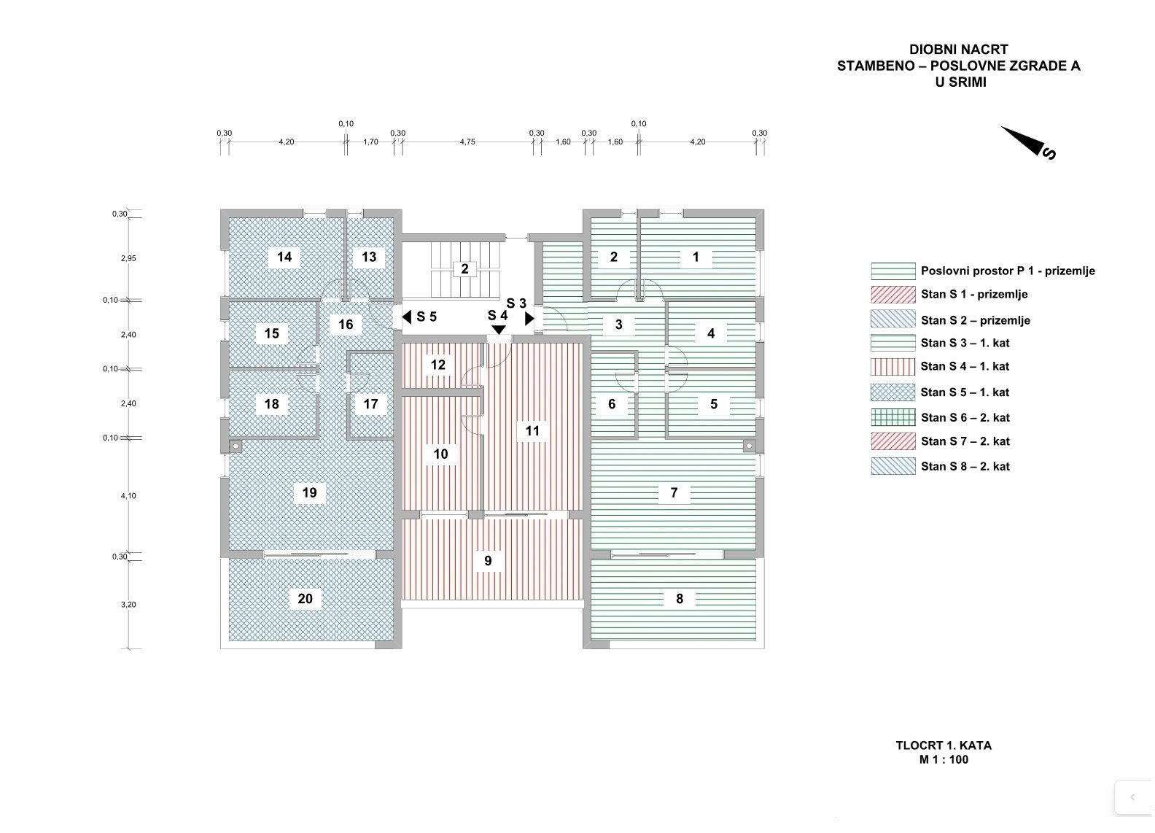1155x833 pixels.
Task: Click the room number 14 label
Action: (x=284, y=257)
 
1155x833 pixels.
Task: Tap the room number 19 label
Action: (x=309, y=493)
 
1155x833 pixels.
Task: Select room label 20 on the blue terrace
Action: (x=305, y=599)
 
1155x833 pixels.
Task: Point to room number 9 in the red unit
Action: (x=488, y=561)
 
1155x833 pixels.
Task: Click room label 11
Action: (x=532, y=431)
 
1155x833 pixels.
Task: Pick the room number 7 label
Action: (x=674, y=493)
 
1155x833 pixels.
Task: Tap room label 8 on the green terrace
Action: (x=680, y=599)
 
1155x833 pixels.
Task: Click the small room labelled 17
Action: (x=370, y=404)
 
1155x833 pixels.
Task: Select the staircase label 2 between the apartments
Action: (x=464, y=269)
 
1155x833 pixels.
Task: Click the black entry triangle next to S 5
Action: (x=407, y=317)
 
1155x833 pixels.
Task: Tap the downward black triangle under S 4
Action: (x=498, y=330)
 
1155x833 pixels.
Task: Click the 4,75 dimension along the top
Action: (x=467, y=142)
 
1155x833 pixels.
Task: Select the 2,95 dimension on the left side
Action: (x=128, y=258)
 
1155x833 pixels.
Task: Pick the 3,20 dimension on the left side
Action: (x=128, y=605)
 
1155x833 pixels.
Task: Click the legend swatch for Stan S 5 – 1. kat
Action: (x=892, y=392)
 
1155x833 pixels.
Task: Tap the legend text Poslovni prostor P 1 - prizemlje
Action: (x=1007, y=271)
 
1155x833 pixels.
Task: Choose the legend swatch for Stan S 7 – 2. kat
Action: (x=892, y=441)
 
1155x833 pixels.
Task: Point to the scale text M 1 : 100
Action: (x=944, y=759)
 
